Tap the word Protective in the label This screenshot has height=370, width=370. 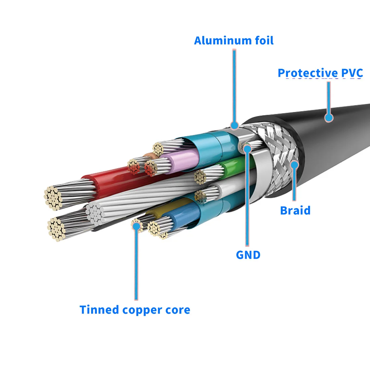[x=308, y=73]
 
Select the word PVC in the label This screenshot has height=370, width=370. [x=352, y=73]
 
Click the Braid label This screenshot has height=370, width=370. [x=295, y=211]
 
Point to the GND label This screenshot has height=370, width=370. [x=248, y=255]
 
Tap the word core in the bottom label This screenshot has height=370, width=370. [x=177, y=310]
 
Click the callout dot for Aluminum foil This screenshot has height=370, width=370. [x=234, y=125]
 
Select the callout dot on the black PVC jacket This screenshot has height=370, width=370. [x=329, y=117]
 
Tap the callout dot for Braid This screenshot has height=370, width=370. [x=295, y=164]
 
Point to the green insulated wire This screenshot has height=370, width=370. [x=232, y=166]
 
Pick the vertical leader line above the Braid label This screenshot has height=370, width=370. [x=295, y=185]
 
